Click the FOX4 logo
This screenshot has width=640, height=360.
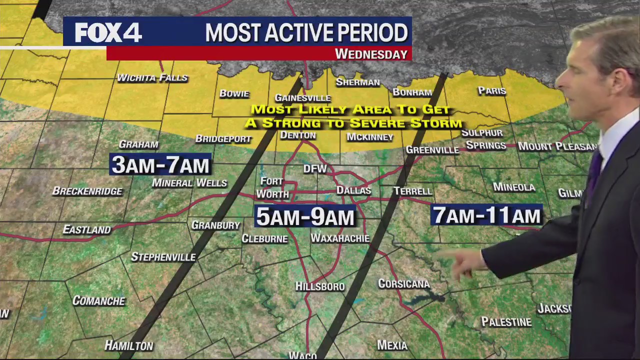[108, 33]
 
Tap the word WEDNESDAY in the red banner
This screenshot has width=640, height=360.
[371, 54]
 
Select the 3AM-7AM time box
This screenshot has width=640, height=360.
[160, 164]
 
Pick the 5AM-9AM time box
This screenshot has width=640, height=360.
[305, 216]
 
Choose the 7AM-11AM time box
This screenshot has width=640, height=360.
[486, 215]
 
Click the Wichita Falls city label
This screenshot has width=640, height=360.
[152, 77]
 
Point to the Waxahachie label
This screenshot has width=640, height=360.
[340, 238]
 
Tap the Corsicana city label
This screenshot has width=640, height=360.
[403, 284]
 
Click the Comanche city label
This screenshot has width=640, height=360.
[98, 300]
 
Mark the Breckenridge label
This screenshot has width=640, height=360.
[87, 191]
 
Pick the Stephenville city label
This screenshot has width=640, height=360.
[163, 257]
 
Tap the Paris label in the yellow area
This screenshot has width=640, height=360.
[491, 91]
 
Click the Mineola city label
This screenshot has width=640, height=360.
[514, 187]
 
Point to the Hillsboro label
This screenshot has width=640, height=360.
[319, 286]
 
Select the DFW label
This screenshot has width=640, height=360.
[315, 169]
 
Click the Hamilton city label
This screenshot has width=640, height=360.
[128, 345]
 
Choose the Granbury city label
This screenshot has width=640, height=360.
[215, 225]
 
